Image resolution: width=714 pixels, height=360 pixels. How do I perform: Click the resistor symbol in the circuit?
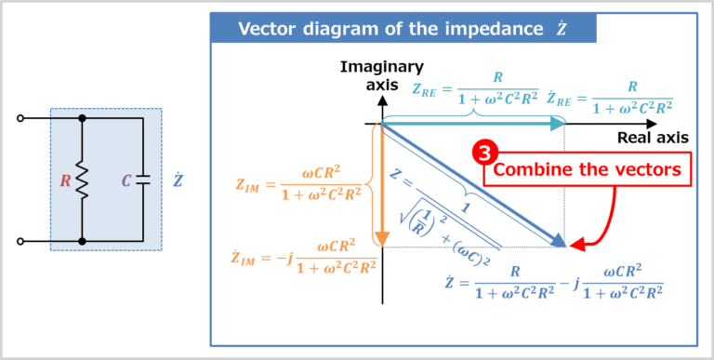coord(83,180)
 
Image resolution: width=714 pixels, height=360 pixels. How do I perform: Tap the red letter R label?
coord(64,180)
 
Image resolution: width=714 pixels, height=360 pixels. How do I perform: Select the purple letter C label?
coord(126,180)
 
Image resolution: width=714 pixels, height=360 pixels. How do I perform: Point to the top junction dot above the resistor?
coord(83,119)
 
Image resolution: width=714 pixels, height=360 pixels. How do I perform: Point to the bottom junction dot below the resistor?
coord(83,241)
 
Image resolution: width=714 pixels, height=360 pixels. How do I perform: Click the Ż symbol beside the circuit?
coord(178,180)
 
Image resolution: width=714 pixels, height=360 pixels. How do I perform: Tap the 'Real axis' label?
coord(653,138)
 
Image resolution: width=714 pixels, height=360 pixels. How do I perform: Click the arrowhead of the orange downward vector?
coord(380,239)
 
